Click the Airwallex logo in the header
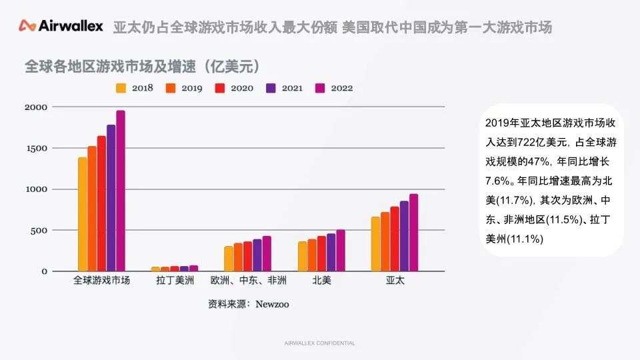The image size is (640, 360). [61, 27]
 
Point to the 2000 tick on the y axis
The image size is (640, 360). [36, 107]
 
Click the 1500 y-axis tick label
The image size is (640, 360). [36, 149]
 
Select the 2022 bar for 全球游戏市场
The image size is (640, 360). [121, 191]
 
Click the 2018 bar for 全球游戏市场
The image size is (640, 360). [83, 214]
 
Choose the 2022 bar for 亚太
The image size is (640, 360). [413, 233]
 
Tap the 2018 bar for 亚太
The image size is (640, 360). [375, 244]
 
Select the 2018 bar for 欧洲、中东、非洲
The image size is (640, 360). [229, 259]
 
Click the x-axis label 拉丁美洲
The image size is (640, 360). [175, 281]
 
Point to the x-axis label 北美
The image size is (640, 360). [321, 281]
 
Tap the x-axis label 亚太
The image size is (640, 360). [395, 281]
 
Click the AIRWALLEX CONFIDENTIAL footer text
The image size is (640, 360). [319, 343]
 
